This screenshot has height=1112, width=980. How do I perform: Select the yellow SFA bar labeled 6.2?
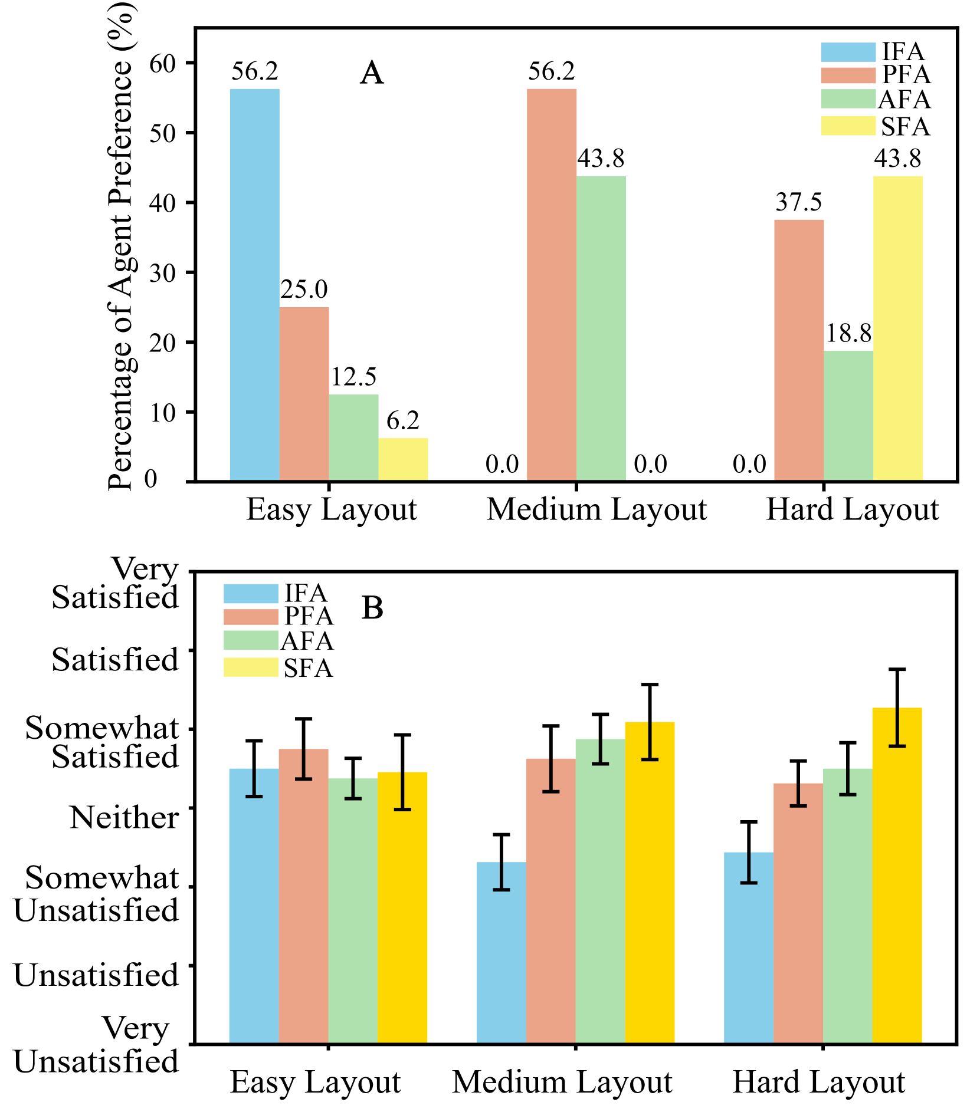pyautogui.click(x=403, y=459)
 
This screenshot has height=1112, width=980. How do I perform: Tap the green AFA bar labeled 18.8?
pyautogui.click(x=848, y=416)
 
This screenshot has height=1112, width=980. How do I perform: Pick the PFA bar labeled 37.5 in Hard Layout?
pyautogui.click(x=798, y=350)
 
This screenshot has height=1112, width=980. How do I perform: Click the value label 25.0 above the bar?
pyautogui.click(x=304, y=289)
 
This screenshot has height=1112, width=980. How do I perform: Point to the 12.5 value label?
pyautogui.click(x=353, y=377)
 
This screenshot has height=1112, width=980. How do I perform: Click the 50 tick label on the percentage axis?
pyautogui.click(x=163, y=133)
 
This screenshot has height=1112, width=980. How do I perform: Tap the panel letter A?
pyautogui.click(x=372, y=74)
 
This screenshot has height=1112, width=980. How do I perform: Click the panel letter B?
pyautogui.click(x=372, y=608)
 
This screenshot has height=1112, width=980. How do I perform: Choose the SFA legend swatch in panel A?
pyautogui.click(x=848, y=126)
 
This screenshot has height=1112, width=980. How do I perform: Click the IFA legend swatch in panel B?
pyautogui.click(x=250, y=593)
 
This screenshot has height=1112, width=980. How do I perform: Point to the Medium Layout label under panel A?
pyautogui.click(x=596, y=509)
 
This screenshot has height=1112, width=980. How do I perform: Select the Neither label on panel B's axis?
pyautogui.click(x=124, y=818)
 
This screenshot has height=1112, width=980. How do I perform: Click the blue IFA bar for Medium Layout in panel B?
pyautogui.click(x=501, y=952)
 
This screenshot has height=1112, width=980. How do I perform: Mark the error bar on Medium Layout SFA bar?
pyautogui.click(x=650, y=722)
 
